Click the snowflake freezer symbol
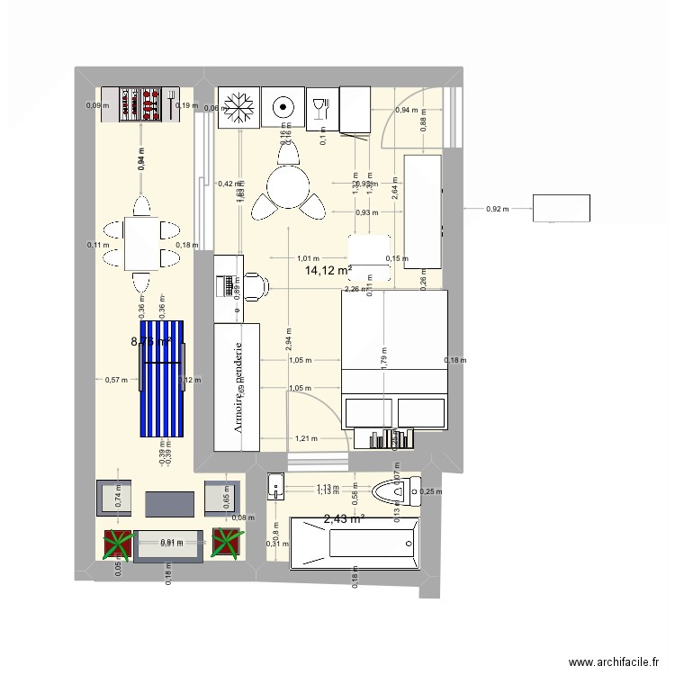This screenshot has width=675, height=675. (x=238, y=107)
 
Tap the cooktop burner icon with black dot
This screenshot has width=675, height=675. (x=283, y=107)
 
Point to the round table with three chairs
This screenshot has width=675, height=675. (x=289, y=189)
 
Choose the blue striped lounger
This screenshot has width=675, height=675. (x=163, y=377)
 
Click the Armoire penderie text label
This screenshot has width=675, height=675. (x=238, y=387)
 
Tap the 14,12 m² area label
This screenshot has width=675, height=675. (x=328, y=270)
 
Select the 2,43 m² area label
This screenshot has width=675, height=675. (x=342, y=518)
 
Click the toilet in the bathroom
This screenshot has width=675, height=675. (x=394, y=491)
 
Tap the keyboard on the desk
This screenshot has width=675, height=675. (x=226, y=286)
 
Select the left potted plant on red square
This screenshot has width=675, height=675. (x=117, y=544)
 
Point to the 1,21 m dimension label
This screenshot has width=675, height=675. (x=306, y=438)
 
